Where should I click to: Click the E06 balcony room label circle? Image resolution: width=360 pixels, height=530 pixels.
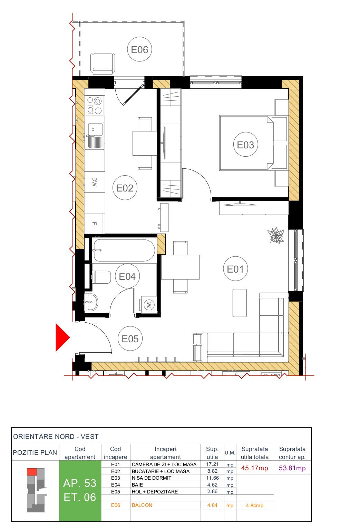pos(139,49)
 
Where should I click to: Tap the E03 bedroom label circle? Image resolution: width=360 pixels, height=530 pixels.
pos(245,145)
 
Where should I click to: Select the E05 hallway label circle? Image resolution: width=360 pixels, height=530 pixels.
pos(130,338)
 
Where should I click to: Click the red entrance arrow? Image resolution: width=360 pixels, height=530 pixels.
pos(62,337)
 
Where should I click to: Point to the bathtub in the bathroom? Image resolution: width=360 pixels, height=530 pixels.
pos(124,250)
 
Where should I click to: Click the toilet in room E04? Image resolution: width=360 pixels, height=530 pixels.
pos(101,277)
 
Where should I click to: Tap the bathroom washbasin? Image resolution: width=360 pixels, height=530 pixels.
pos(91,302)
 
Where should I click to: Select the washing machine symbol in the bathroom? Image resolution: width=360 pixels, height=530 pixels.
pos(149,305)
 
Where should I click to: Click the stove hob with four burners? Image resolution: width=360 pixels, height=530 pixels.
pos(94,106)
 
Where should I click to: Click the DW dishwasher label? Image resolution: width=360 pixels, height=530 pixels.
pos(95,182)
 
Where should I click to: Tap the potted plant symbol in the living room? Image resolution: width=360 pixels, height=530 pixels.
pos(276,236)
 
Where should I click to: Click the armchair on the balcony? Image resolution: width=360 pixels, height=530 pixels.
pos(103,63)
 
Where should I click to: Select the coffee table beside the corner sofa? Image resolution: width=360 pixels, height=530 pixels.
pos(240,303)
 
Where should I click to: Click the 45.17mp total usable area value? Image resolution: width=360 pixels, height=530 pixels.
pos(254,468)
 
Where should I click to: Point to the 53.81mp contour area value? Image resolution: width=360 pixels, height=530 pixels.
pos(292,468)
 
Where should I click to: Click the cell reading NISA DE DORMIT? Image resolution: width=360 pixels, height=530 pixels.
pos(152,478)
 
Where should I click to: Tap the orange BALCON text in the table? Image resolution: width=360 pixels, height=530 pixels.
pos(142,505)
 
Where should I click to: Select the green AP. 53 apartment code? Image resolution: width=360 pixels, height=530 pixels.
pos(80,483)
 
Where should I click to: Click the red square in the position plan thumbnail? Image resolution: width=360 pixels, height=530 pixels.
pos(32,472)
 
